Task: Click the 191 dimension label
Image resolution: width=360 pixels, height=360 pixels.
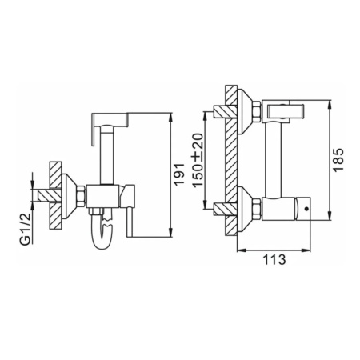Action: tap(178, 174)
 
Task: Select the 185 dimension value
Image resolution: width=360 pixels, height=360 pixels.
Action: tap(339, 160)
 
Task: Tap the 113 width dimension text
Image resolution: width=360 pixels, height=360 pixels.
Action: tap(274, 259)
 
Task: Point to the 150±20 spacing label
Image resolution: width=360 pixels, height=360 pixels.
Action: tap(198, 160)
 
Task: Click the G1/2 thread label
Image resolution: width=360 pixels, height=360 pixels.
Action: tap(26, 228)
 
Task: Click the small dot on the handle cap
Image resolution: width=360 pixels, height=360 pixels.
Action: tap(306, 209)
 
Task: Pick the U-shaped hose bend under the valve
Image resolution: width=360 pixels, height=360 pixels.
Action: tap(102, 232)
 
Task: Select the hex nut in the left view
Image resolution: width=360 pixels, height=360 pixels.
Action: tap(81, 196)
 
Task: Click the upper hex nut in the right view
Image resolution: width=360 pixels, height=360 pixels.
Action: tap(257, 111)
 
